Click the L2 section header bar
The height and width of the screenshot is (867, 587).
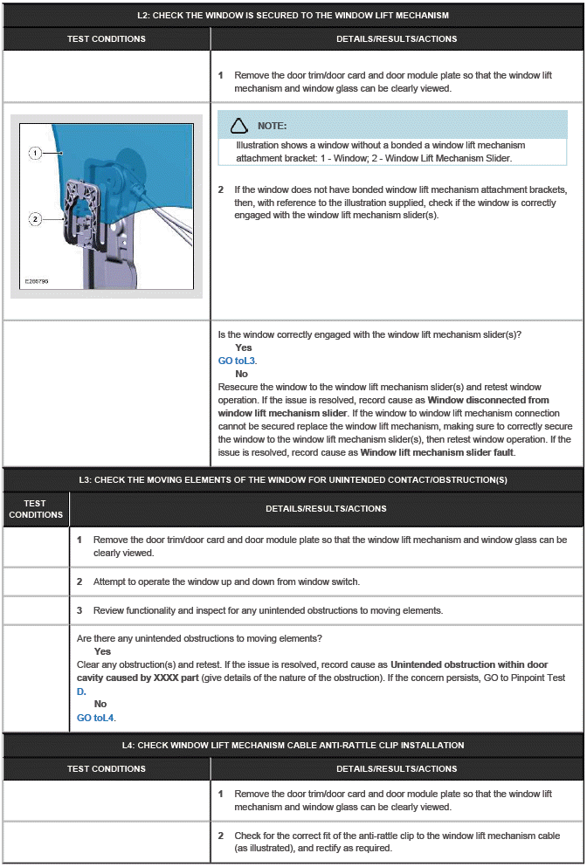[293, 16]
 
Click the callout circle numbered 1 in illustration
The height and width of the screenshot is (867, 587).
[35, 153]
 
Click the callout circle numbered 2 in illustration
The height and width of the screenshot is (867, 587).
[35, 219]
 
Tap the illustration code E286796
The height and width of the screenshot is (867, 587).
[38, 282]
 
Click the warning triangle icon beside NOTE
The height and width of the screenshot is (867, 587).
[239, 126]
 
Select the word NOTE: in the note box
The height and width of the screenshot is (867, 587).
[273, 127]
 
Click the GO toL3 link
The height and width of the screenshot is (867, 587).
[237, 361]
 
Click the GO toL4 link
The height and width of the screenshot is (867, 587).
[96, 718]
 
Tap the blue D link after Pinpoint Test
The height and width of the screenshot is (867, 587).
[80, 691]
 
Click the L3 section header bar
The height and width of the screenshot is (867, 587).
[293, 479]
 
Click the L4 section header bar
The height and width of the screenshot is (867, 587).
[293, 745]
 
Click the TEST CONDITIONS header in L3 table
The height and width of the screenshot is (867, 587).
[36, 509]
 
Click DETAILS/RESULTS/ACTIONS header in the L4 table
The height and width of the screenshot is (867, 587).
[397, 769]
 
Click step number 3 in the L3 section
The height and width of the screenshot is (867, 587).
[79, 609]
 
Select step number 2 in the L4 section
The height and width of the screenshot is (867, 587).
[220, 836]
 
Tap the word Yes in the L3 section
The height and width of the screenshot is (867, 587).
[102, 651]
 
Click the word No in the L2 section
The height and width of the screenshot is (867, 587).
[241, 374]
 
